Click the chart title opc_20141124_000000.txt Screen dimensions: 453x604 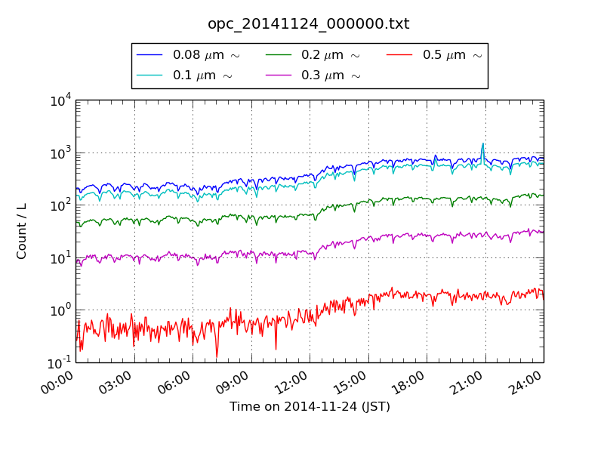[309, 24]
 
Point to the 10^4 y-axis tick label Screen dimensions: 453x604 [60, 100]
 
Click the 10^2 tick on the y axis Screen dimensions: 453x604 [60, 205]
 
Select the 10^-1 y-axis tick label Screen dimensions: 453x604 [60, 362]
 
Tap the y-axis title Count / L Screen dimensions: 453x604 [22, 231]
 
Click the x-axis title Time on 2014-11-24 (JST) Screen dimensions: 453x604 [310, 406]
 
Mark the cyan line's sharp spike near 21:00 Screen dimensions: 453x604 [483, 144]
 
